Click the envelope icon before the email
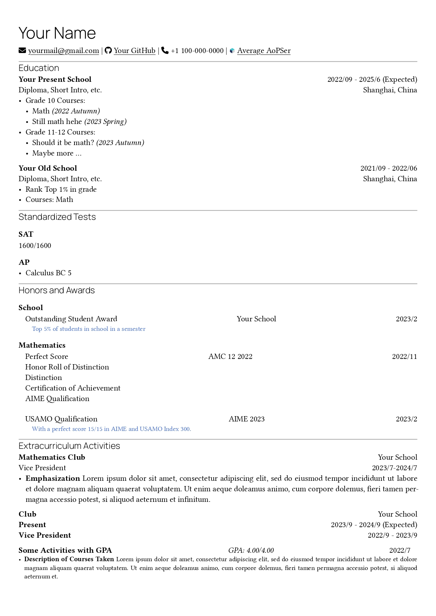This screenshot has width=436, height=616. tap(22, 51)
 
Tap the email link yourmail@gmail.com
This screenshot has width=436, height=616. tap(64, 51)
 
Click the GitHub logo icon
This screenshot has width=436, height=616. tap(108, 51)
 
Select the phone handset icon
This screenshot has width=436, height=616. tap(165, 51)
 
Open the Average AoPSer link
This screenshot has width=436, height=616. tap(263, 51)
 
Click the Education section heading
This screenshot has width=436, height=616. tap(39, 68)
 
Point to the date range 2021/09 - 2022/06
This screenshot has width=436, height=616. tap(389, 168)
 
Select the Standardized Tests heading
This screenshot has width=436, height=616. tap(57, 217)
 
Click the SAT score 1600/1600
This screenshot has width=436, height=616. tap(35, 245)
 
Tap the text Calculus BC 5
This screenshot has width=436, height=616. tap(48, 273)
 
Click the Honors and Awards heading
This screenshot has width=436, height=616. tap(57, 290)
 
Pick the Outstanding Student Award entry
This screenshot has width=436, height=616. tap(71, 319)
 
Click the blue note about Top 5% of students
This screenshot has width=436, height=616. tap(89, 329)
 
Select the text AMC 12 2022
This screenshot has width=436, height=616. tap(230, 356)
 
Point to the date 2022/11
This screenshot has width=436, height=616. tap(404, 357)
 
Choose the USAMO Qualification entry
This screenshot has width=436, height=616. tap(61, 419)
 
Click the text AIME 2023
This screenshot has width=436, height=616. tap(247, 419)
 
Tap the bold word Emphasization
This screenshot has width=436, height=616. tap(53, 478)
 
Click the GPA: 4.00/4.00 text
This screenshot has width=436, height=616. tap(251, 550)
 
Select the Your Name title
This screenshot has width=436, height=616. tap(57, 33)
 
